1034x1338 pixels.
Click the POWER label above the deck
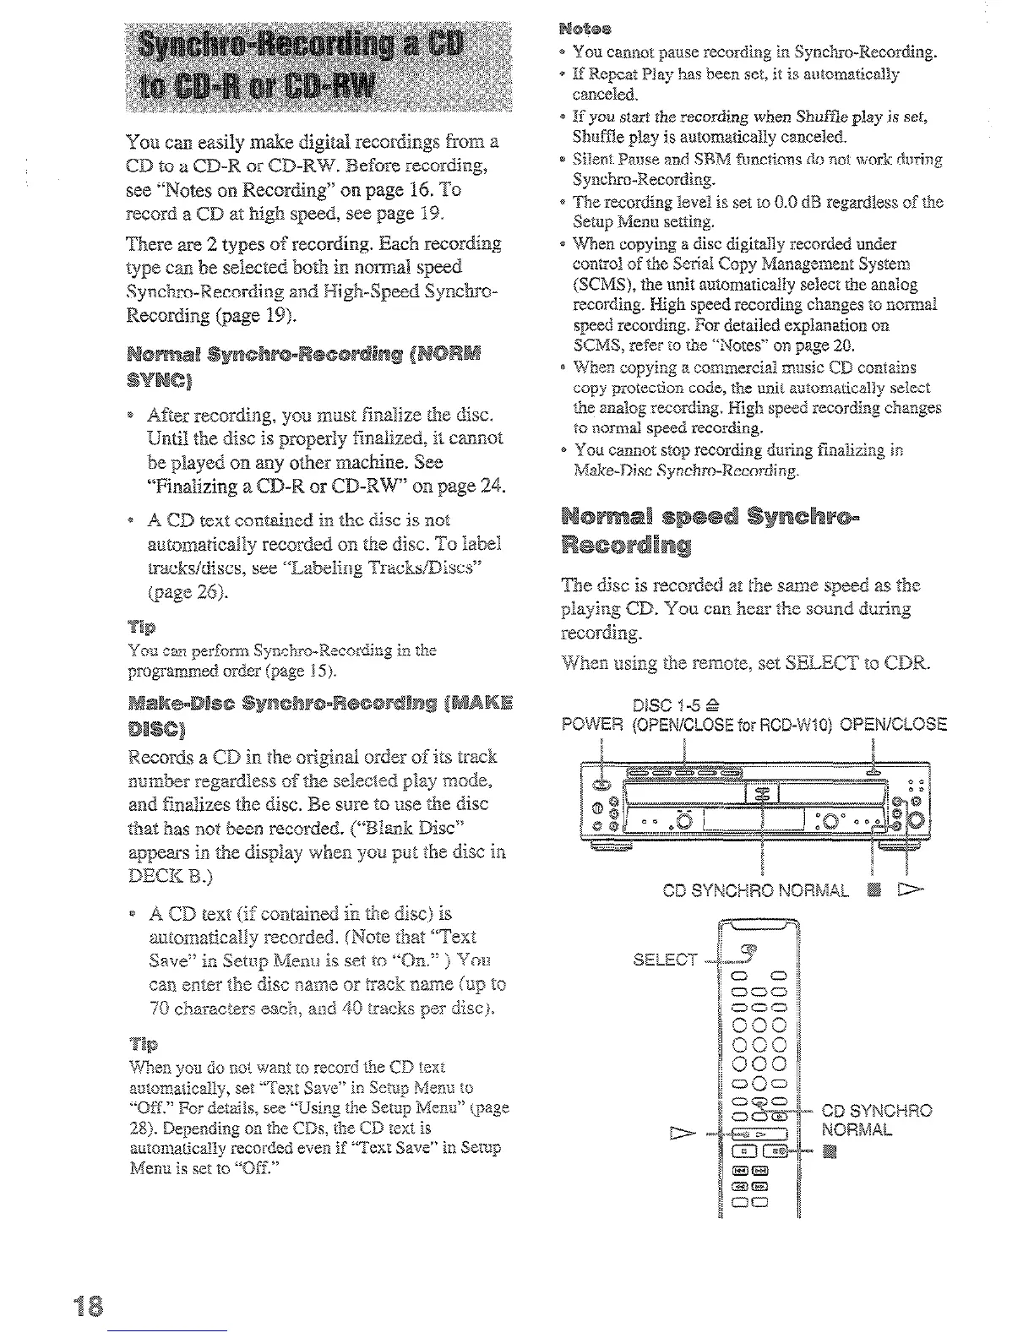[588, 724]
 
